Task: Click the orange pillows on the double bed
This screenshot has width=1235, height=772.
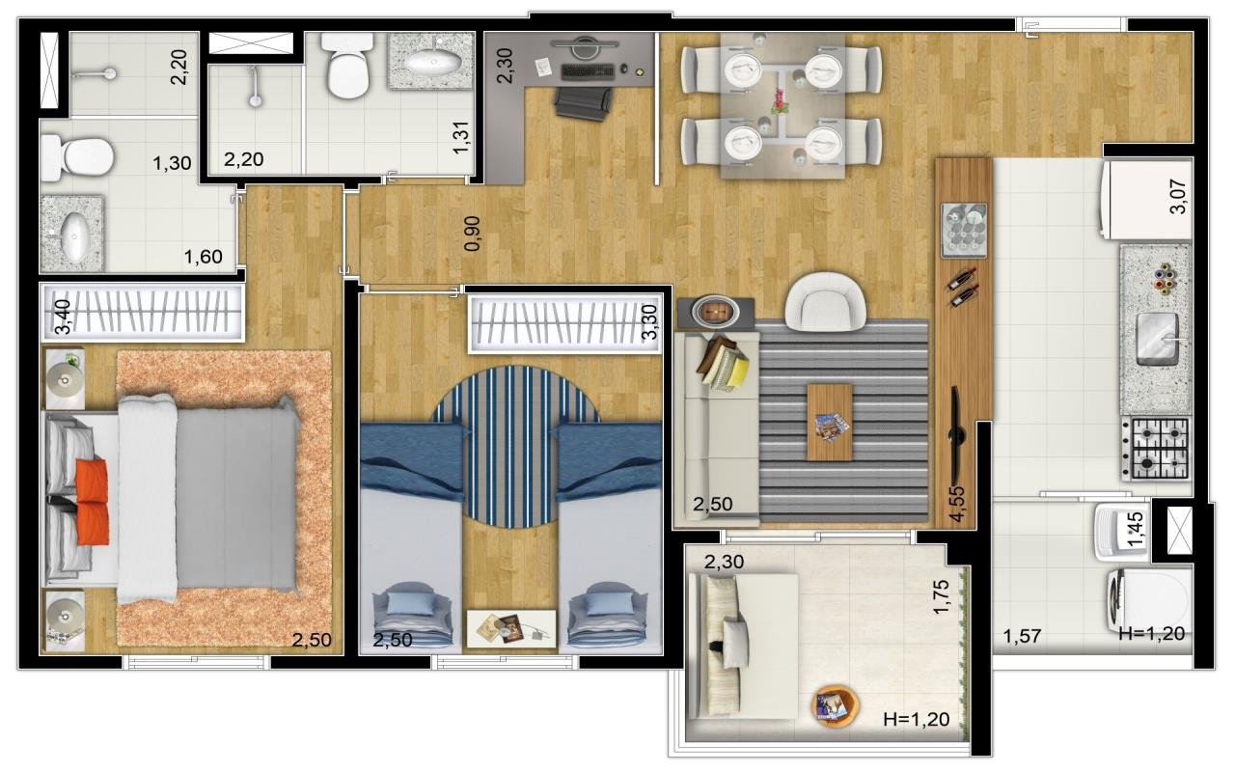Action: (92, 502)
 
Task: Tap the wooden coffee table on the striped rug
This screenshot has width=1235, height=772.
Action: (830, 422)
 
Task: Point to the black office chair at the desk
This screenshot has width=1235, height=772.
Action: (584, 102)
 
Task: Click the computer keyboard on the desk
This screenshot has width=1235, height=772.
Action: (588, 71)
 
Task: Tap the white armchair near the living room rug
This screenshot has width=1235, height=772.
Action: (825, 302)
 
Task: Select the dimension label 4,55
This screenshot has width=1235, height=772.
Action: (958, 503)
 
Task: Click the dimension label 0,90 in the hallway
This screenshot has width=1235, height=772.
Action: (473, 234)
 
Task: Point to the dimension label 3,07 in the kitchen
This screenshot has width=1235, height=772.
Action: (1178, 197)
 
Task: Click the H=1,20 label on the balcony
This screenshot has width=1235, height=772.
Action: (917, 719)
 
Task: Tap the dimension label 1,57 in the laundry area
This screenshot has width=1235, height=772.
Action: (1022, 636)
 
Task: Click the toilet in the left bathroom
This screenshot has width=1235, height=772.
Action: (77, 157)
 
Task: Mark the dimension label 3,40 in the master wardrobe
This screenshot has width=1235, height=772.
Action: (64, 317)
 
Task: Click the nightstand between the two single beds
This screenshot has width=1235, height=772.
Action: (511, 628)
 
